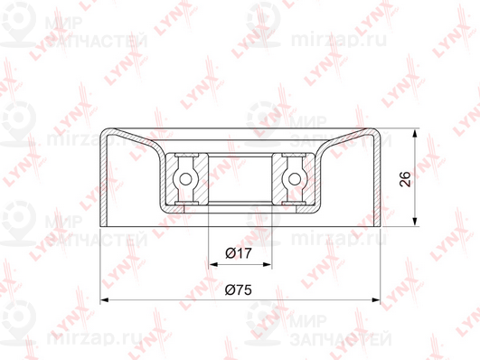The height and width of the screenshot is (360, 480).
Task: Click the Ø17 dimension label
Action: tap(239, 253)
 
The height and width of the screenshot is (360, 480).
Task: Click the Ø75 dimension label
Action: tap(238, 289)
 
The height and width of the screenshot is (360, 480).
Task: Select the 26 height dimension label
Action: tap(405, 179)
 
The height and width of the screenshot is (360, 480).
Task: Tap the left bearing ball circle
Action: tap(185, 179)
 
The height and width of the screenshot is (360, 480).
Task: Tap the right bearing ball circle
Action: tap(295, 179)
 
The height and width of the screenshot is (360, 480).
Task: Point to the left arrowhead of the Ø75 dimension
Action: tap(104, 300)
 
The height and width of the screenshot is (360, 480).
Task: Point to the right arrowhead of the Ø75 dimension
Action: tap(376, 300)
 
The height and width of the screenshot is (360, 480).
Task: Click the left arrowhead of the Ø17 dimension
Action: tap(212, 264)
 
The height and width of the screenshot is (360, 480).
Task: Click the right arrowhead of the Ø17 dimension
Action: tap(268, 264)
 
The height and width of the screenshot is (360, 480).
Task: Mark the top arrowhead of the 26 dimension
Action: tap(415, 133)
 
